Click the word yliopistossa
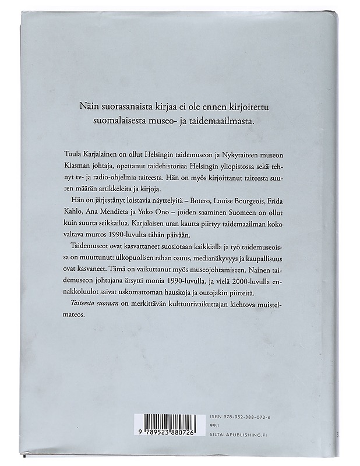click(224, 165)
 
